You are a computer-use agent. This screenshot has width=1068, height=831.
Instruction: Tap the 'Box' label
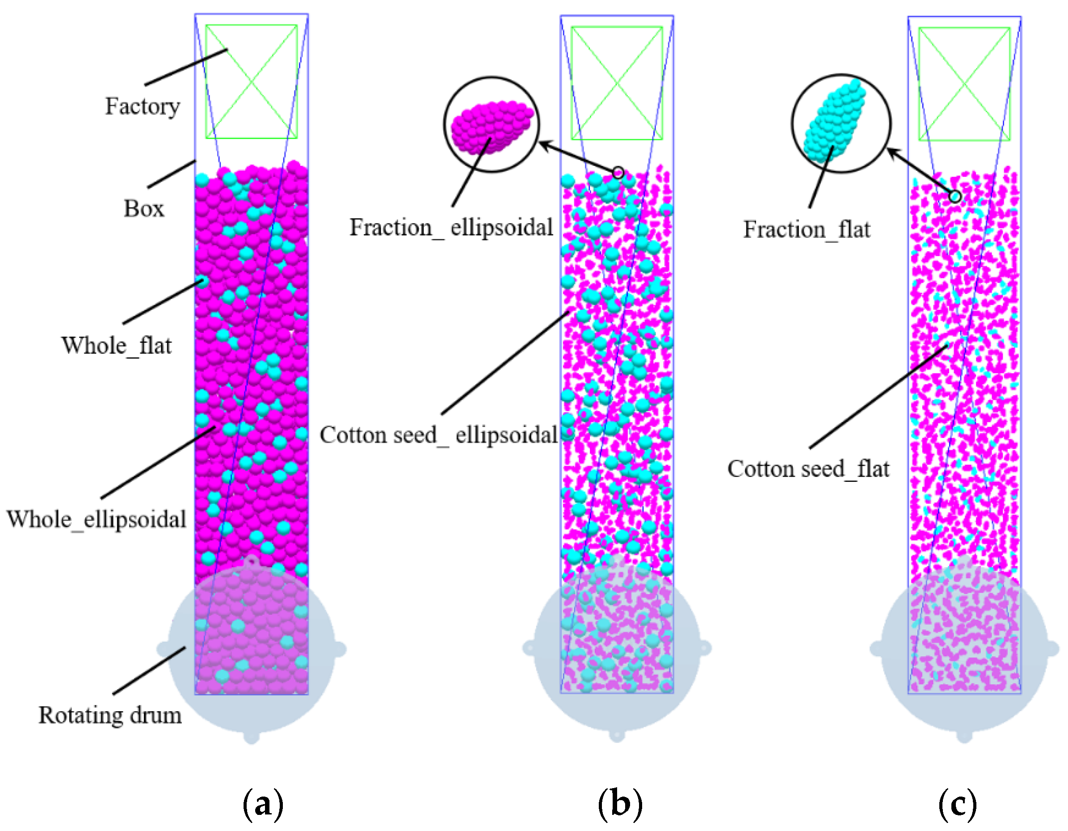point(143,209)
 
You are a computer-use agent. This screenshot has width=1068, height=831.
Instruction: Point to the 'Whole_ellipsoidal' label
point(97,519)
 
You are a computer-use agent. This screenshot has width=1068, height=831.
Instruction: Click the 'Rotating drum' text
point(110,716)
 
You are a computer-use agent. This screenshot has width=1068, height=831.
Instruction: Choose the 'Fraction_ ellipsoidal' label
point(451,228)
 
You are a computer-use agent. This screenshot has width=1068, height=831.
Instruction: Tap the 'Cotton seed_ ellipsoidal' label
point(439,435)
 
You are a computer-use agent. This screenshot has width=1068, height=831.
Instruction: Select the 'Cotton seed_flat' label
point(808,469)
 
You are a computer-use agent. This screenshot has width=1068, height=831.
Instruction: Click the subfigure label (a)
point(263,803)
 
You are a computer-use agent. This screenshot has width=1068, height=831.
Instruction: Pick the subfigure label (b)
point(620,803)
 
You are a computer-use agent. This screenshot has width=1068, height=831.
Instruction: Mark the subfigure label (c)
point(958,803)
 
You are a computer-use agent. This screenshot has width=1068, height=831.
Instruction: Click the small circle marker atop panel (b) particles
point(618,173)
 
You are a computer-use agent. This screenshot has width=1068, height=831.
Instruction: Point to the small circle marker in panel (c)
point(954,197)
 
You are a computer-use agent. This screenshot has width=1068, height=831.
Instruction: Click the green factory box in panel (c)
point(964,84)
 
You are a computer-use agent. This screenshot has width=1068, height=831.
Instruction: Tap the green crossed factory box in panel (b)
point(617,83)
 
